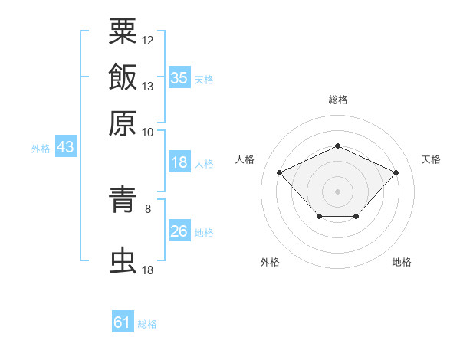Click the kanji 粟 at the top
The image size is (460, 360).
(x=123, y=31)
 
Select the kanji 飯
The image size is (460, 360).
(x=123, y=77)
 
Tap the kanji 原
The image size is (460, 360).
(x=123, y=123)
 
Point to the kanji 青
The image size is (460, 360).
(x=123, y=199)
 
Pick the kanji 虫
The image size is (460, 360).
(x=123, y=260)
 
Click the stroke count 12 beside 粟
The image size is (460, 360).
(x=147, y=41)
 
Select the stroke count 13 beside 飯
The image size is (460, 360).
(x=147, y=87)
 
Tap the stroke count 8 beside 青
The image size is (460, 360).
(x=148, y=209)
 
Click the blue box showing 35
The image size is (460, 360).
(x=179, y=77)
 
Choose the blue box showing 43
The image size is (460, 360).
(x=66, y=146)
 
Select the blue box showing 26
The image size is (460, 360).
(x=179, y=230)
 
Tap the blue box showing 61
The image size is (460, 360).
(x=123, y=321)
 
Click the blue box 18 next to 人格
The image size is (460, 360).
(x=179, y=162)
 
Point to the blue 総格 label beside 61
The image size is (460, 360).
(x=147, y=324)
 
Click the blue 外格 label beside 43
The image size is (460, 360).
(x=41, y=149)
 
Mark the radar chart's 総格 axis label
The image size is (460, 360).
(x=338, y=100)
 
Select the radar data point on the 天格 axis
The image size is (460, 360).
(x=396, y=172)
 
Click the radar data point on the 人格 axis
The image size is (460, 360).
(x=280, y=172)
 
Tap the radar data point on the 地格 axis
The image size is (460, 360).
(x=356, y=216)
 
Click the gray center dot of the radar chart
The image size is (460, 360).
(x=337, y=191)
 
